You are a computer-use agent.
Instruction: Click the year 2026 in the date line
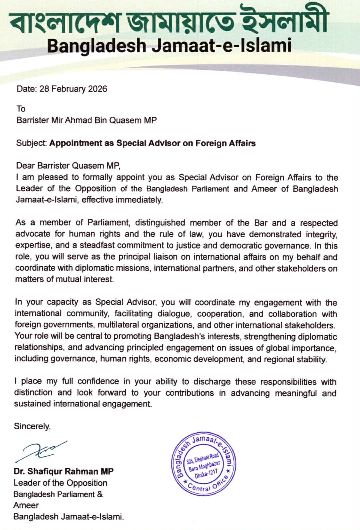[97, 89]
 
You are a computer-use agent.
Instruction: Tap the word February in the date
[69, 89]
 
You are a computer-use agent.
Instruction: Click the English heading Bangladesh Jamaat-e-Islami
[169, 45]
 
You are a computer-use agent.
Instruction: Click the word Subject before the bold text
[31, 143]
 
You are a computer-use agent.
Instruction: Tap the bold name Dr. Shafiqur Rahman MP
[64, 471]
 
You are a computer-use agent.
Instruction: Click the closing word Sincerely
[32, 426]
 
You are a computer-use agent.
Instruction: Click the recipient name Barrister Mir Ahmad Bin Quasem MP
[87, 120]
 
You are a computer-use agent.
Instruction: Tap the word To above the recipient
[21, 109]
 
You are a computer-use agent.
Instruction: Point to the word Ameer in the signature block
[26, 505]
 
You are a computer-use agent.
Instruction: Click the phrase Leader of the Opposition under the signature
[60, 483]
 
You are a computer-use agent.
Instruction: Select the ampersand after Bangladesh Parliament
[100, 494]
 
